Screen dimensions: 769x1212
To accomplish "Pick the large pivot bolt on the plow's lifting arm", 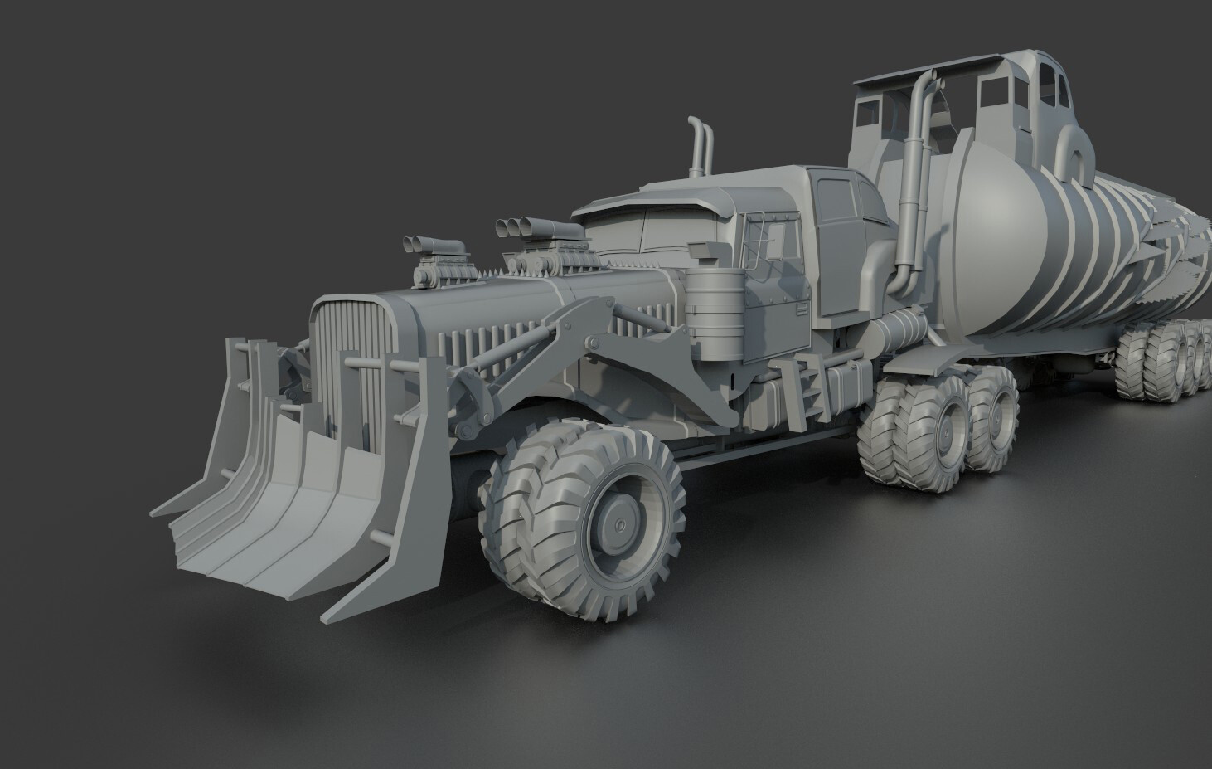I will (592, 343).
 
